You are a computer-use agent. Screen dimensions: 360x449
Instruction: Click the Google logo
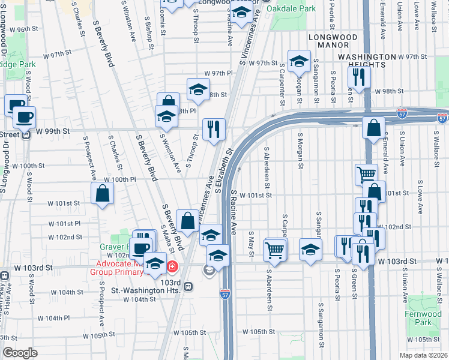click(20, 353)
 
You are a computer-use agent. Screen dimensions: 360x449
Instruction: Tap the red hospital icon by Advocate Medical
click(172, 266)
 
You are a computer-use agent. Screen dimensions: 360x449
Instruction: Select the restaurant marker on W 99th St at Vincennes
click(214, 128)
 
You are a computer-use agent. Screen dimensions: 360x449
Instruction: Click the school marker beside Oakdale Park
click(241, 11)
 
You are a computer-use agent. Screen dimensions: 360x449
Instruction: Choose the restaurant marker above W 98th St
click(359, 77)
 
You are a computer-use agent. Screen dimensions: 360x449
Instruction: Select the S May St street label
click(251, 245)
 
